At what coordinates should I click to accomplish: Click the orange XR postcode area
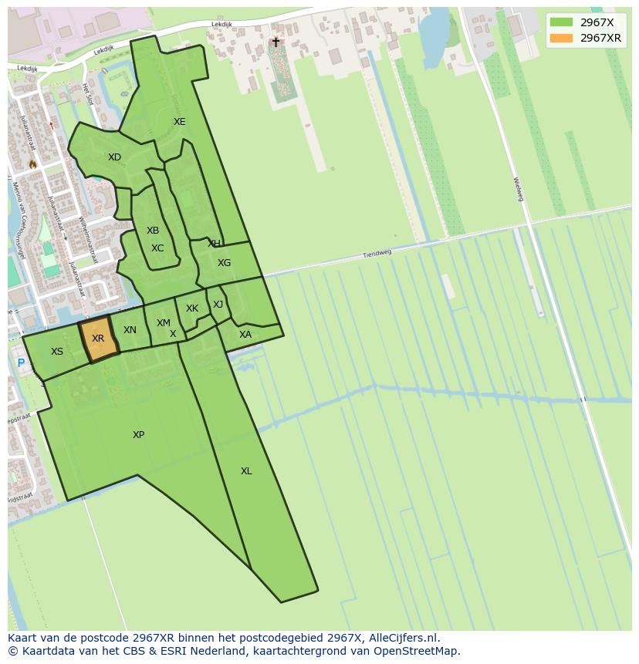(x=99, y=339)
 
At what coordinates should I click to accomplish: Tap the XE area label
(x=179, y=122)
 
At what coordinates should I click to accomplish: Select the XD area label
(x=114, y=157)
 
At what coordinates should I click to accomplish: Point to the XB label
(x=153, y=231)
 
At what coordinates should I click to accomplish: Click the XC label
(x=157, y=248)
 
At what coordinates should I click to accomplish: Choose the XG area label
(x=224, y=263)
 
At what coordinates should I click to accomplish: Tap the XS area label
(x=57, y=352)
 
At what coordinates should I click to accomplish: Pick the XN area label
(x=130, y=330)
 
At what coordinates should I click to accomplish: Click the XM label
(x=164, y=323)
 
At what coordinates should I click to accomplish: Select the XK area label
(x=192, y=308)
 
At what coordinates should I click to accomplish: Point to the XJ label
(x=218, y=305)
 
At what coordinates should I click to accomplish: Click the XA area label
(x=245, y=335)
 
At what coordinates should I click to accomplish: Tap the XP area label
(x=138, y=435)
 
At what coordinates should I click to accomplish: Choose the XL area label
(x=246, y=471)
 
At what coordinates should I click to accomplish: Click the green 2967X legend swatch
(x=562, y=22)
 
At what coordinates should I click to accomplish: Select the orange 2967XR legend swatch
(x=562, y=38)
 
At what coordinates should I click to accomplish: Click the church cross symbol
(x=276, y=42)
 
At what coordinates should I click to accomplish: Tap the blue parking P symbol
(x=21, y=363)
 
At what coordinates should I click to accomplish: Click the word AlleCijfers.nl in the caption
(x=404, y=638)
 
